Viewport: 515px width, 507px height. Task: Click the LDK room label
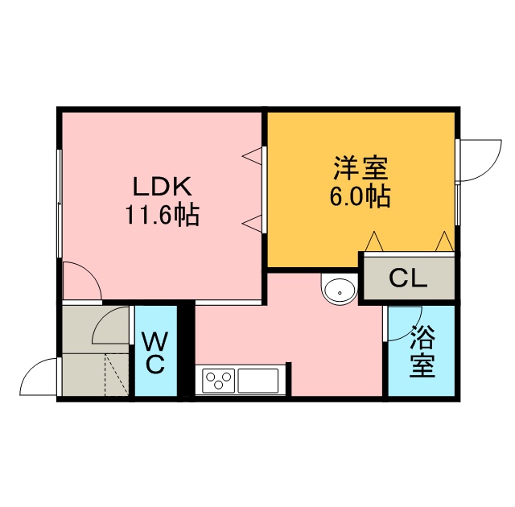click(x=162, y=187)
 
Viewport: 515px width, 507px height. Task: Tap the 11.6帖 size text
click(x=162, y=216)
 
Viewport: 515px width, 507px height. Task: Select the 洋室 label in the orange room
click(x=360, y=168)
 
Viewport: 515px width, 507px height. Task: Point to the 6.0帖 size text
click(x=360, y=196)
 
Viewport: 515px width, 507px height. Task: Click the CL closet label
click(x=408, y=278)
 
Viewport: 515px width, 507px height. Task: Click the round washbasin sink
click(x=340, y=291)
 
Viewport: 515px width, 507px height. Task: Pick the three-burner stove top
click(x=218, y=381)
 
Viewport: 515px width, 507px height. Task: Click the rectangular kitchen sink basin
click(x=258, y=381)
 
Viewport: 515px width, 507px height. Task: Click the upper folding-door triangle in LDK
click(x=252, y=156)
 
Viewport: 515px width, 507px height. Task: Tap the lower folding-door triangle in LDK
click(x=252, y=224)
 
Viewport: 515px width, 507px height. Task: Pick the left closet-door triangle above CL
click(x=374, y=241)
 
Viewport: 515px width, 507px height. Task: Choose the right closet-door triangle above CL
click(x=444, y=241)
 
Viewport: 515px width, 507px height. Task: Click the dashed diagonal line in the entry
click(x=116, y=375)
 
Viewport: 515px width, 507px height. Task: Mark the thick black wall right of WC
click(x=187, y=351)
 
